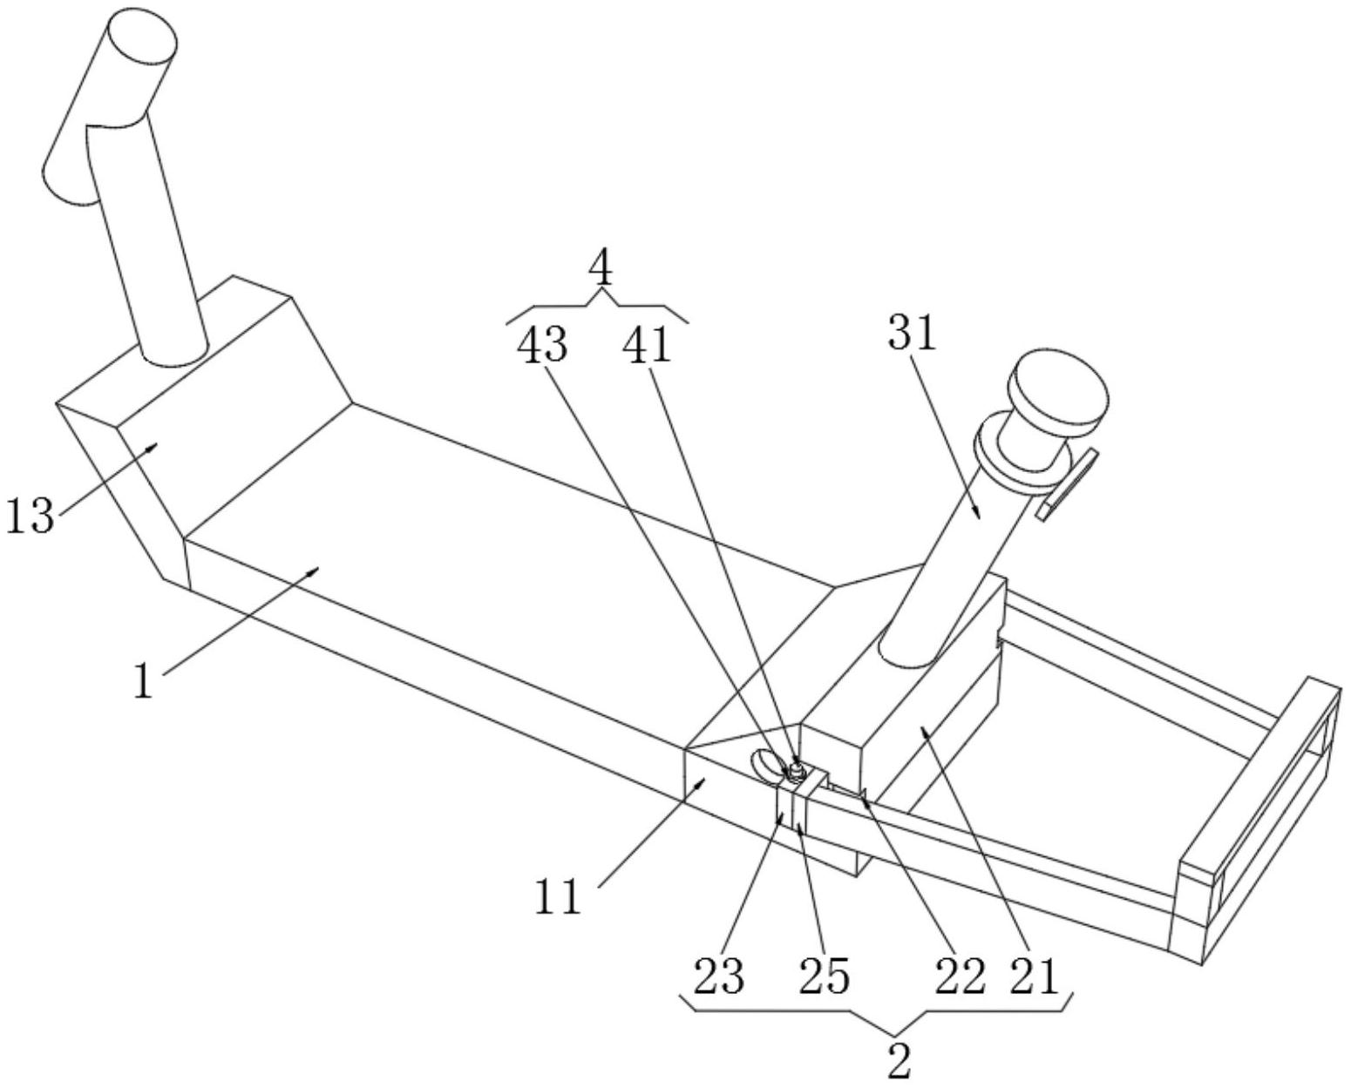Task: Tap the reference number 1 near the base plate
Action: click(145, 682)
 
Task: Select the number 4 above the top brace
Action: click(601, 271)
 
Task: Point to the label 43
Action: click(542, 347)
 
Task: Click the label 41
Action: click(646, 347)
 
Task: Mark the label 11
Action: click(558, 898)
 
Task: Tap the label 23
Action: click(719, 977)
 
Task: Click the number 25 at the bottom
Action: click(825, 977)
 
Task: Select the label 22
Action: click(960, 977)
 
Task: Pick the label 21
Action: click(1034, 977)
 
